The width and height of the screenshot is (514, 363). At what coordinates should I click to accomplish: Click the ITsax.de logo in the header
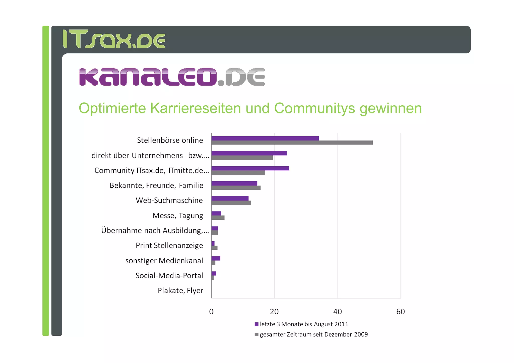coord(114,39)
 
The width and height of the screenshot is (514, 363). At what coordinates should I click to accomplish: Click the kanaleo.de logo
coord(172,77)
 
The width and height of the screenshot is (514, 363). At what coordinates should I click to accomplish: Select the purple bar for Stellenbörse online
coord(265,138)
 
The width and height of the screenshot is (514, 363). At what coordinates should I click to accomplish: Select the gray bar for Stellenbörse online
coord(292,143)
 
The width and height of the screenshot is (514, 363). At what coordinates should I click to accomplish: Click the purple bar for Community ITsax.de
coord(250,168)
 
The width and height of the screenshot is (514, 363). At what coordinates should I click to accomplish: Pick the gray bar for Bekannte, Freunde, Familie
coord(236,188)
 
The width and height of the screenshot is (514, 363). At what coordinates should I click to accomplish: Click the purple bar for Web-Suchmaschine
coord(230,198)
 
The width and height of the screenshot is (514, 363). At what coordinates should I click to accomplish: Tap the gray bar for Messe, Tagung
coord(218,218)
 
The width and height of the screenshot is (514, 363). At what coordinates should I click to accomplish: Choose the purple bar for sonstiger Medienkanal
coord(216,258)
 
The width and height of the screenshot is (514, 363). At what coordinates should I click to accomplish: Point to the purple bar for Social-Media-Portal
coord(214,273)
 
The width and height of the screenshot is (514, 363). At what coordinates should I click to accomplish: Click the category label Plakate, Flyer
coord(180,291)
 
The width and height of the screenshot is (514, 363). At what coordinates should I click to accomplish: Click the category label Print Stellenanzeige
coord(169,245)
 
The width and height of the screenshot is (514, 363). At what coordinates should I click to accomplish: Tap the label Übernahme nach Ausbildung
coord(155,230)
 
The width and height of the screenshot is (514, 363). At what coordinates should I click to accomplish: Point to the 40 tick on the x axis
coord(338,312)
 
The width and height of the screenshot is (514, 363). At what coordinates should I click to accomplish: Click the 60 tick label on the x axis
coord(401,312)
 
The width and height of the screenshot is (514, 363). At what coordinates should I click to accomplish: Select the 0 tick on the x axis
coord(211,312)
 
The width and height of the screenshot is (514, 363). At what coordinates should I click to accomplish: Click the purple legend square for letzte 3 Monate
coord(256,324)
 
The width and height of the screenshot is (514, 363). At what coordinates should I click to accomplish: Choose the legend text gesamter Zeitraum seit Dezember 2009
coord(314,334)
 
